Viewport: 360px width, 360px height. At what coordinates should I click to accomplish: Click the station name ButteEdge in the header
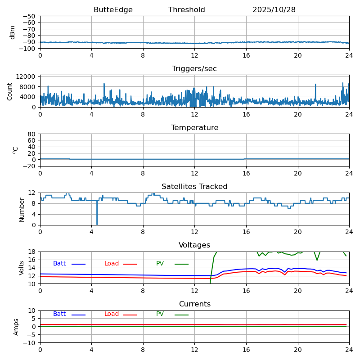point(113,10)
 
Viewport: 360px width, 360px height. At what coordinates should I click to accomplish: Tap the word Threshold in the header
point(187,10)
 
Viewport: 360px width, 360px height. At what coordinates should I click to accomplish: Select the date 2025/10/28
point(274,10)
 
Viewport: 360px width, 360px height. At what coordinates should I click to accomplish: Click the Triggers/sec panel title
point(194,69)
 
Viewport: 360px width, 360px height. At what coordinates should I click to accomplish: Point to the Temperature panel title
point(194,128)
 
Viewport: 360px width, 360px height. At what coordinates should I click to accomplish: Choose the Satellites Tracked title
point(194,187)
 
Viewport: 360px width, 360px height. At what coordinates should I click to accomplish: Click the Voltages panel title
point(194,245)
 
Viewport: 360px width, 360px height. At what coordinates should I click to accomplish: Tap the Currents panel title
point(194,304)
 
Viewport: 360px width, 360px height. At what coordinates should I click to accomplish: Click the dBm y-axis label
point(13,32)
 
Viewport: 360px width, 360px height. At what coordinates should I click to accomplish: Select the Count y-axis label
point(10,91)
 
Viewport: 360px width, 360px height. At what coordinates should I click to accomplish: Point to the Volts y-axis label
point(22,268)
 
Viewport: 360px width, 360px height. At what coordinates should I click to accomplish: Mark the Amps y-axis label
point(16,327)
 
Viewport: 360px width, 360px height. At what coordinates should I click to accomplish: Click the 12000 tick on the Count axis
point(27,77)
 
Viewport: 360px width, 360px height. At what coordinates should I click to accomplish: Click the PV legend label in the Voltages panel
point(161,264)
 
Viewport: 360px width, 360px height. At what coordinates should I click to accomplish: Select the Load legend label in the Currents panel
point(112,314)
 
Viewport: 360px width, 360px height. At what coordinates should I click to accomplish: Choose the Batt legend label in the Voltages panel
point(59,264)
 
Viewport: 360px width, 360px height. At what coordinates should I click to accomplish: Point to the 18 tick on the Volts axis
point(32,252)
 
